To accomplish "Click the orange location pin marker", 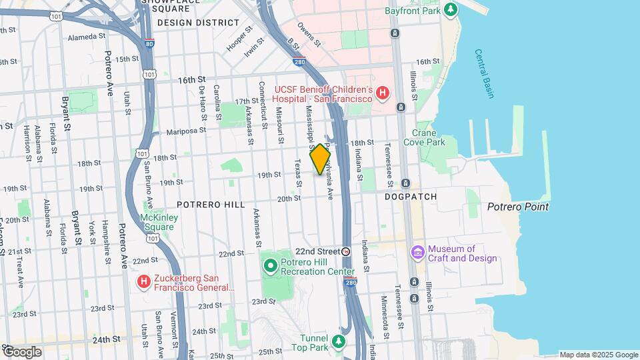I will (321, 159).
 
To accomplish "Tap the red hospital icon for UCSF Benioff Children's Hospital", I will (382, 93).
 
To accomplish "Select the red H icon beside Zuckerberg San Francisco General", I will (143, 282).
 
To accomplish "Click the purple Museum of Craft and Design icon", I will (418, 253).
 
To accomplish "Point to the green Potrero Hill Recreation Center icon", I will (270, 266).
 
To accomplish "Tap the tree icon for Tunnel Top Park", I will (339, 342).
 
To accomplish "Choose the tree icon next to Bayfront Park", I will (452, 9).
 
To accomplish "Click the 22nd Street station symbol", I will (345, 252).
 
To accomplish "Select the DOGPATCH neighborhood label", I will (411, 197).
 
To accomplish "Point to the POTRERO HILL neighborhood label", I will (211, 205).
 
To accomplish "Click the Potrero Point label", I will (518, 207).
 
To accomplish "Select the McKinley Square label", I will (157, 222).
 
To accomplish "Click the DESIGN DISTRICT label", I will (198, 22).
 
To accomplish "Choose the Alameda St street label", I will (77, 37).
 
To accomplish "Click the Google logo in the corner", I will (21, 351).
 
